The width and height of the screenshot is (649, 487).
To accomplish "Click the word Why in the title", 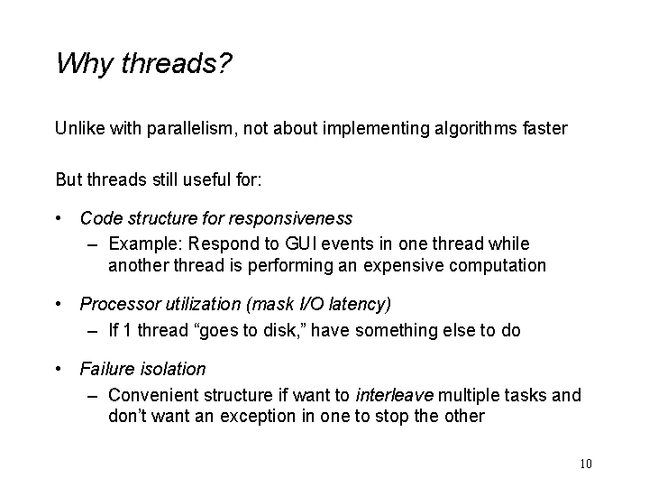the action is click(x=85, y=64).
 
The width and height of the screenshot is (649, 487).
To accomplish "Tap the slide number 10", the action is click(x=586, y=464).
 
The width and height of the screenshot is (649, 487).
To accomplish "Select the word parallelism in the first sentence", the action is click(x=192, y=128).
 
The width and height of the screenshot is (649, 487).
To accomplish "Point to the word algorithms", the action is click(x=476, y=128).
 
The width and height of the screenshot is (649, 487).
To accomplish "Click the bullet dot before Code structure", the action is click(x=59, y=218).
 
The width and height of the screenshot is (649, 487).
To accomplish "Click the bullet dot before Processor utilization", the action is click(x=59, y=305).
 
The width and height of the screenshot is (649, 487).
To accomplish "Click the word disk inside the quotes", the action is click(x=279, y=330).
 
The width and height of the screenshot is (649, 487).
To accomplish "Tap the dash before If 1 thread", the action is click(x=93, y=332).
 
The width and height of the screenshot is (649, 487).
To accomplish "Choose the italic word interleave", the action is click(x=395, y=395).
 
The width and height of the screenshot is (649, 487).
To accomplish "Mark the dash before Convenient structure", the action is click(x=93, y=396).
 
